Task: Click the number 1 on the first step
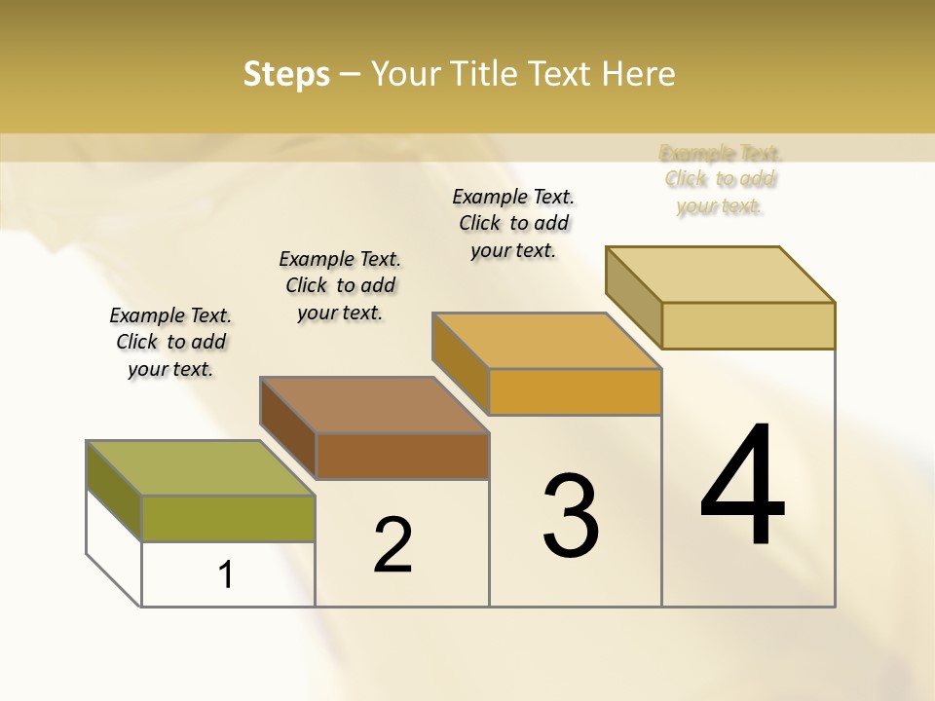[x=226, y=574]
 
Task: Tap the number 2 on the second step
[x=393, y=545]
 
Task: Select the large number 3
[x=571, y=516]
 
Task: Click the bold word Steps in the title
[x=286, y=74]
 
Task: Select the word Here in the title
[x=638, y=74]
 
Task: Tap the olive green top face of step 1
[x=200, y=468]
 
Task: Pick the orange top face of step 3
[x=546, y=341]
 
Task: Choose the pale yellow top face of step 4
[x=720, y=275]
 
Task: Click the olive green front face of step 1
[x=228, y=518]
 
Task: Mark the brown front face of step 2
[x=401, y=456]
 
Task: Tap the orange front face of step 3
[x=575, y=391]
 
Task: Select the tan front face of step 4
[x=748, y=325]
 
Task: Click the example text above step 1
[x=170, y=342]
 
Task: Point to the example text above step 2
[x=340, y=285]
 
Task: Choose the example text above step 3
[x=513, y=223]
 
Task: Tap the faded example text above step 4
[x=721, y=179]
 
